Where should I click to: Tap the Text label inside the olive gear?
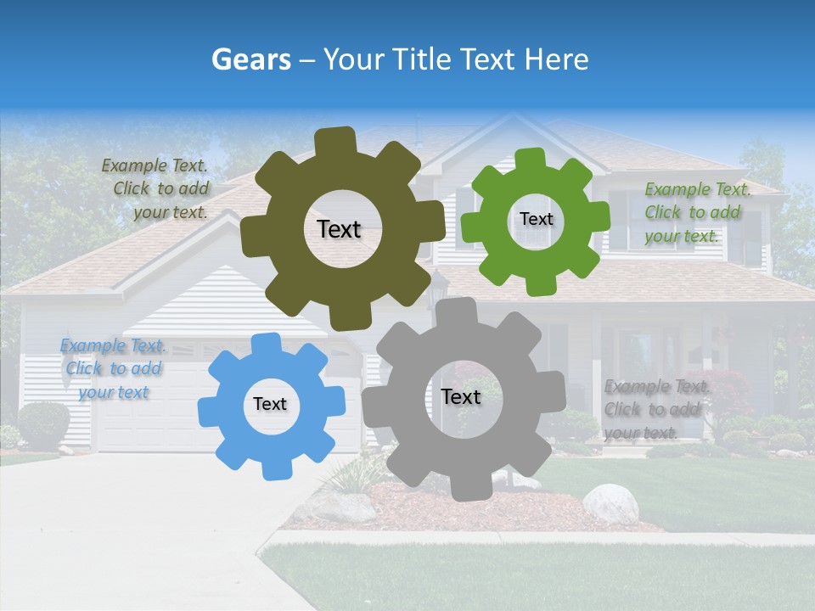coord(339,229)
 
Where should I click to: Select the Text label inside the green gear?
coord(536,219)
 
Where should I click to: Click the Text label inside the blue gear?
coord(270,404)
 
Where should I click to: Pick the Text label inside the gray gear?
coord(461,396)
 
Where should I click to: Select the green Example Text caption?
coord(695,212)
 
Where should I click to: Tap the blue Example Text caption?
coord(113,368)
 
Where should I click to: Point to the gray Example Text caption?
coord(655,409)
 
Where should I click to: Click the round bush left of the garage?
coord(43,424)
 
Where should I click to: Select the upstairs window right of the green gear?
coord(628,221)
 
